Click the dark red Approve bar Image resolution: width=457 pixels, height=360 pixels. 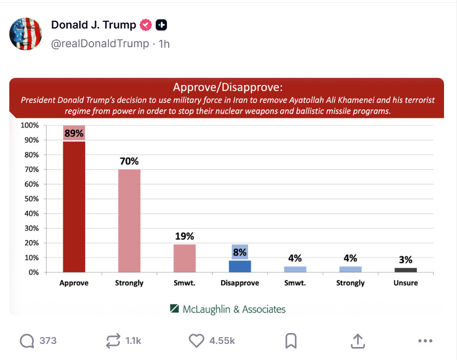tap(74, 206)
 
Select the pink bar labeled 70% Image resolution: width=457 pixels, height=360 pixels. tap(129, 220)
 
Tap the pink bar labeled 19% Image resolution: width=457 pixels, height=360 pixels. tap(184, 258)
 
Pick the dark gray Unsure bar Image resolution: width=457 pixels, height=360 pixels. tap(405, 270)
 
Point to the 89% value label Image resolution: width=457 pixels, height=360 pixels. tap(74, 133)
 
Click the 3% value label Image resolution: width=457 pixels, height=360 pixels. tap(406, 260)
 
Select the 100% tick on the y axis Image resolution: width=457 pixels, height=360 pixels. tap(29, 126)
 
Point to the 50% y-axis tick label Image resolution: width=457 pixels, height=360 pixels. tap(29, 199)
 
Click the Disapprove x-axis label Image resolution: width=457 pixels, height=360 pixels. tap(240, 283)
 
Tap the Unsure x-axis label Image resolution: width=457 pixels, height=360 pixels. tap(405, 283)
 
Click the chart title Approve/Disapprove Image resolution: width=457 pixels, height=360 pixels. tap(228, 87)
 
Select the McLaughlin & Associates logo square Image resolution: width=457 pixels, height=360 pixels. tap(174, 309)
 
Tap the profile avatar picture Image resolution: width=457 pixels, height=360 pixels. tap(26, 34)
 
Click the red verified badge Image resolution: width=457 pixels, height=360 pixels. tap(146, 25)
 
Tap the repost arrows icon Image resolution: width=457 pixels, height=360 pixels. tap(112, 341)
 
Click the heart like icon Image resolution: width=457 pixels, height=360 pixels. tap(196, 341)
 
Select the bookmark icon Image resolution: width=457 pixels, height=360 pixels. tap(291, 341)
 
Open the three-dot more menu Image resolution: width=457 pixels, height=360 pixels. tap(425, 341)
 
